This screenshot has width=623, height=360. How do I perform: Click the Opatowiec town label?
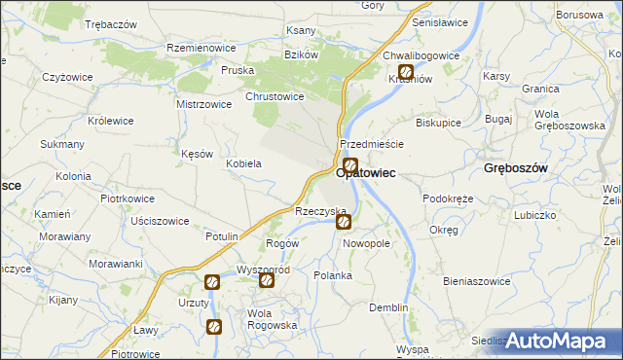coord(365,172)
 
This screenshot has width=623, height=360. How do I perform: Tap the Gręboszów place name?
coord(518,168)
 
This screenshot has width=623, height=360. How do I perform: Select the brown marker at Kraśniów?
coord(406,72)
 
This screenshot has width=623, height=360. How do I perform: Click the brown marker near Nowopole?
coord(344,223)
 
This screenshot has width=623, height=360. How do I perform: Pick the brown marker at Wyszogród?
coord(266,281)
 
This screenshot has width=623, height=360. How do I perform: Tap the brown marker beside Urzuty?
coord(212,283)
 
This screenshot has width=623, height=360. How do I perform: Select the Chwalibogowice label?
coord(421,56)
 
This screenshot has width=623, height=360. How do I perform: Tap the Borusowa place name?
coord(579,16)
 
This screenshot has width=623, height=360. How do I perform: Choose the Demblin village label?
coord(388,307)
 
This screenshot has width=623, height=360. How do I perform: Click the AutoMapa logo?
coord(561,341)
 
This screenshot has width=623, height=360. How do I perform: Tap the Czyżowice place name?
coord(67,76)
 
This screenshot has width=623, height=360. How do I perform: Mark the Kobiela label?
coord(243,163)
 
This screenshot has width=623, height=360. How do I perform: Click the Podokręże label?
coord(448,198)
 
